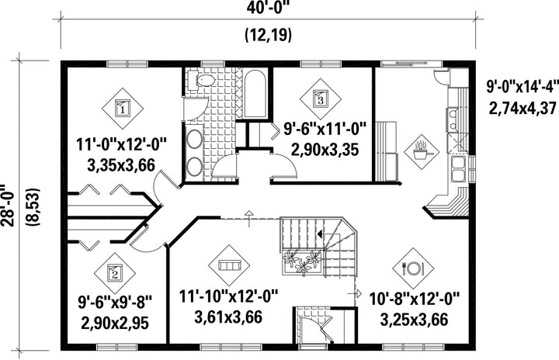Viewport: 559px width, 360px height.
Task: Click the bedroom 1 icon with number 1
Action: click(x=123, y=109)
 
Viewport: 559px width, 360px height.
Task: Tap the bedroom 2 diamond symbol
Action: click(x=115, y=274)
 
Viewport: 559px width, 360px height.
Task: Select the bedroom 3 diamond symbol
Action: click(x=320, y=99)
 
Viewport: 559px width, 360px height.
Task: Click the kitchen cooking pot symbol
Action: click(x=422, y=152)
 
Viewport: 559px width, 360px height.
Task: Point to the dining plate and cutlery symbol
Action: click(x=413, y=268)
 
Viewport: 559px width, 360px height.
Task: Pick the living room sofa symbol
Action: click(x=229, y=265)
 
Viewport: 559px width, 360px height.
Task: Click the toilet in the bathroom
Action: click(x=201, y=80)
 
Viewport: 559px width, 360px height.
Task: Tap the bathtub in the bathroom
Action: click(x=255, y=94)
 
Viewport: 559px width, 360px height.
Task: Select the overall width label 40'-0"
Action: click(x=267, y=8)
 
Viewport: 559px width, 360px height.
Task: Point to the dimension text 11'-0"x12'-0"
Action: click(x=122, y=145)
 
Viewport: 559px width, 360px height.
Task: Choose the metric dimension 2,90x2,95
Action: click(x=115, y=324)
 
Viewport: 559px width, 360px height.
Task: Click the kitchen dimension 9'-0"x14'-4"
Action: click(x=523, y=87)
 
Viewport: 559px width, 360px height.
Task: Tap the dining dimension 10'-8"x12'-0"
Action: click(x=415, y=298)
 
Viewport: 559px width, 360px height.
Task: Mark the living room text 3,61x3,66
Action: click(x=228, y=317)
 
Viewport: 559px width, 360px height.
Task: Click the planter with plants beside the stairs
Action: click(x=303, y=262)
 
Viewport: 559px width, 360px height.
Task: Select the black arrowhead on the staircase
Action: click(x=320, y=234)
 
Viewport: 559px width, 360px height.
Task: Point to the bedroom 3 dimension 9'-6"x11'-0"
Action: click(x=325, y=129)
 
